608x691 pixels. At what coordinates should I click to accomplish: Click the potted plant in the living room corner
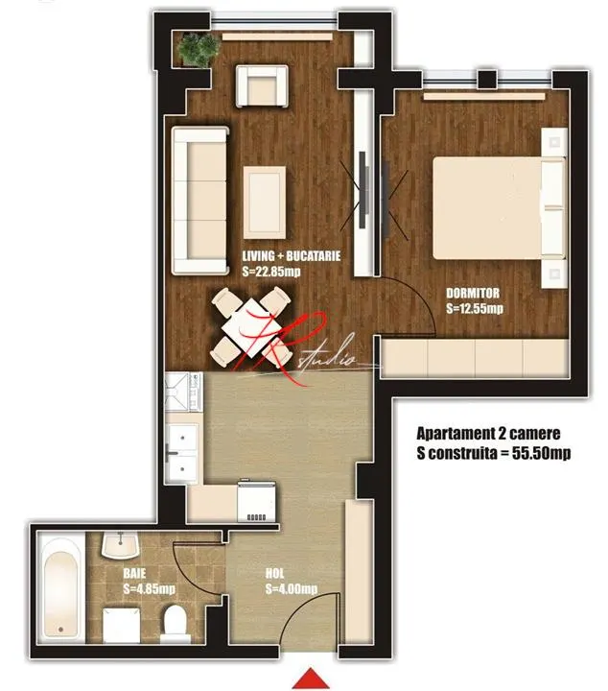[199, 49]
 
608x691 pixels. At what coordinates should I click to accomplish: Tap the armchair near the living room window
[263, 86]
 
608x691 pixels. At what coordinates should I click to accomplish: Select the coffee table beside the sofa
[265, 203]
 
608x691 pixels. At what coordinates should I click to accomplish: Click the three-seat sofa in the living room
[200, 201]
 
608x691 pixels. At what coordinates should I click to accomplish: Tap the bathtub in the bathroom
[60, 588]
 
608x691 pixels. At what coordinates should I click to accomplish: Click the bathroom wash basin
[120, 545]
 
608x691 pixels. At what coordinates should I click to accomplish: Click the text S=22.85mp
[271, 272]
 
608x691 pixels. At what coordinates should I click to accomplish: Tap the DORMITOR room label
[473, 293]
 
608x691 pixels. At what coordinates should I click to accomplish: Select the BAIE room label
[134, 573]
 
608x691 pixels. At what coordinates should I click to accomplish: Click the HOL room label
[274, 573]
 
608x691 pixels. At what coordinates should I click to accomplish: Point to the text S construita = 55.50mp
[494, 453]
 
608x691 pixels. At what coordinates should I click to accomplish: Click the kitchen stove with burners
[183, 393]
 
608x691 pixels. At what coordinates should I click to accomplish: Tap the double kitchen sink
[182, 454]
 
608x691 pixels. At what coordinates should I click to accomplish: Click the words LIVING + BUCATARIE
[292, 256]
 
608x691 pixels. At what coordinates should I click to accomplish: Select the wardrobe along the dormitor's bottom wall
[475, 358]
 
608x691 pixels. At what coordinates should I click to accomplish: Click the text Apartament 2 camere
[488, 434]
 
